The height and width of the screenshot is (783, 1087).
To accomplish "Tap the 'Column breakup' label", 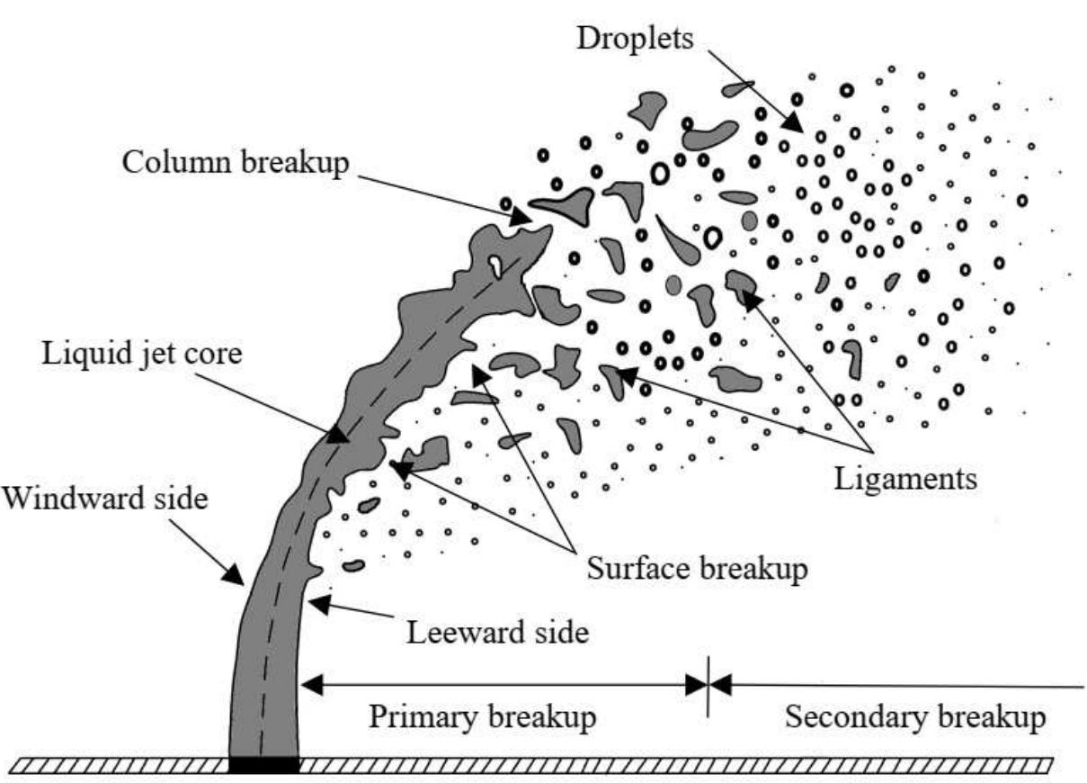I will pyautogui.click(x=235, y=164).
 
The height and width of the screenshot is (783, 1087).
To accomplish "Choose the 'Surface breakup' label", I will pyautogui.click(x=697, y=569).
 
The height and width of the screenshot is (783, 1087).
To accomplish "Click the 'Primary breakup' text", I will pyautogui.click(x=483, y=718).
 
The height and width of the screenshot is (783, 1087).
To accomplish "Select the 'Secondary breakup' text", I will pyautogui.click(x=915, y=718).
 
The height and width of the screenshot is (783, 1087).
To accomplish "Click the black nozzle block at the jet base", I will pyautogui.click(x=263, y=765).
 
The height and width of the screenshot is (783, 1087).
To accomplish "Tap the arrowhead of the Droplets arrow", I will pyautogui.click(x=793, y=123).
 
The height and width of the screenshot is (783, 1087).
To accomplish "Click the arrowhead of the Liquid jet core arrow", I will pyautogui.click(x=337, y=434).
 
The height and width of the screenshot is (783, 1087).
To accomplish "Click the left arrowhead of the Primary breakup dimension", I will pyautogui.click(x=310, y=686).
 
